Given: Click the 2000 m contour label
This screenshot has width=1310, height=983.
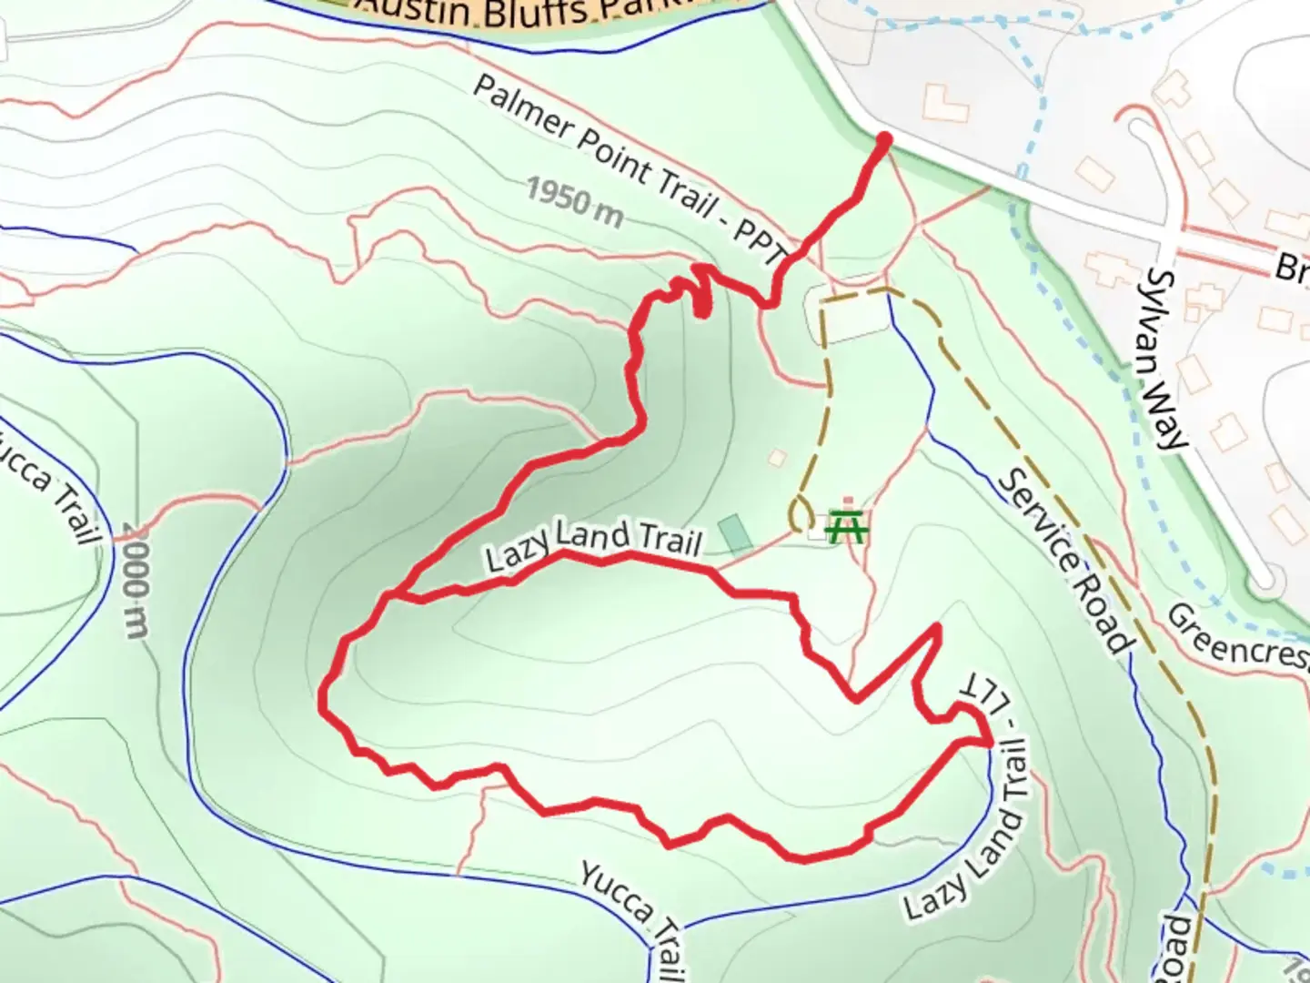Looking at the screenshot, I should click(135, 581).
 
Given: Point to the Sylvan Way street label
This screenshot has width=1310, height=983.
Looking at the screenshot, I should click(1167, 359).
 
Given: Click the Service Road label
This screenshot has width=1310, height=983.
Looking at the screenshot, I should click(1065, 561).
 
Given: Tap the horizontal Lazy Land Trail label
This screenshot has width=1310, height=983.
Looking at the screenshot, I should click(593, 542).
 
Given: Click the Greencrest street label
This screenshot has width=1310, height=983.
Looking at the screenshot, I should click(1237, 637).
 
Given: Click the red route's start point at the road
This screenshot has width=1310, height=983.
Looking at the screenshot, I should click(883, 138).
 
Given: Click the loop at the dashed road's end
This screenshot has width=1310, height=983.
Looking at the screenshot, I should click(802, 515).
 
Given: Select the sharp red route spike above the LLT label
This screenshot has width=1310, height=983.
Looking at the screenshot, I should click(937, 628).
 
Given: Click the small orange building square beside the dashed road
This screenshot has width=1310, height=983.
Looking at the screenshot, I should click(777, 457).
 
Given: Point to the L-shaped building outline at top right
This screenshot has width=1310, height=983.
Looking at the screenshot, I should click(945, 103).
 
